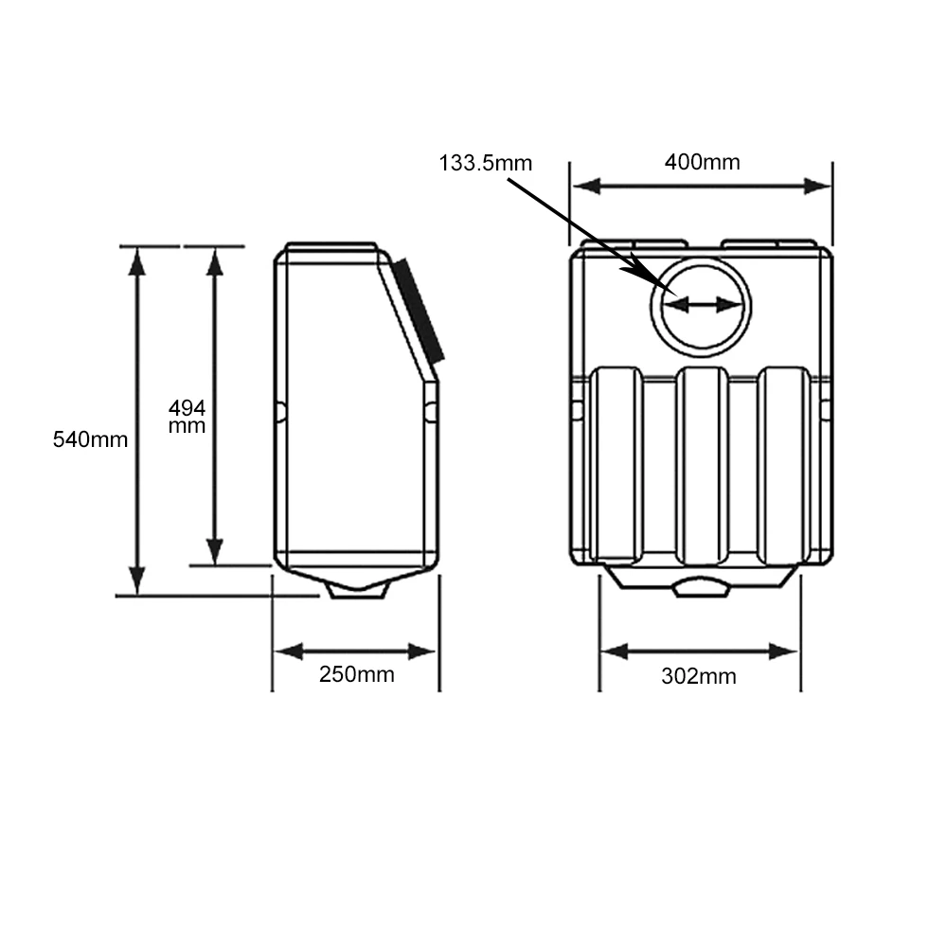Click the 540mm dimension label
(x=90, y=439)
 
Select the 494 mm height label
(x=187, y=417)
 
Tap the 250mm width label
(x=356, y=674)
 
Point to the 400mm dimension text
(x=702, y=162)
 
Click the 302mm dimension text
(x=699, y=676)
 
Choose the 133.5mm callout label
(x=486, y=163)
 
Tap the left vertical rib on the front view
(x=616, y=464)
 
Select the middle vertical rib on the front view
(x=701, y=464)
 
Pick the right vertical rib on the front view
(x=784, y=464)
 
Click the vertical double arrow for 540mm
(x=138, y=421)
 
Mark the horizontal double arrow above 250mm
(x=355, y=652)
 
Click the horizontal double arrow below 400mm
(x=701, y=187)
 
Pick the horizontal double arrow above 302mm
(x=699, y=652)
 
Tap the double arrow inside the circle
(x=701, y=305)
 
